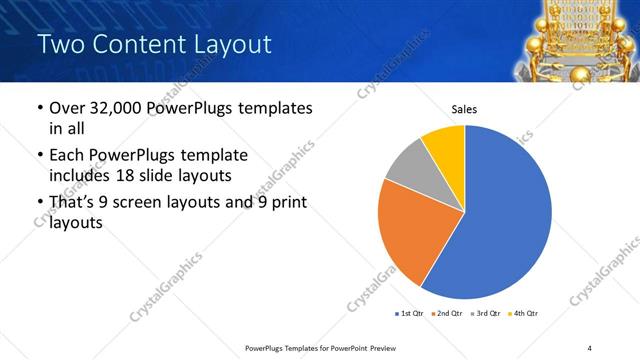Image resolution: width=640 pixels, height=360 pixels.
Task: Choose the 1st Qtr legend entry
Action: click(410, 313)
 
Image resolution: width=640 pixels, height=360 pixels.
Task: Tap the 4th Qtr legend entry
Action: click(523, 313)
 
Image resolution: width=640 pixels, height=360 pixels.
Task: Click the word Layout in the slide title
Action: click(226, 44)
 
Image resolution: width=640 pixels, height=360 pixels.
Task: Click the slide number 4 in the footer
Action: click(590, 347)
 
